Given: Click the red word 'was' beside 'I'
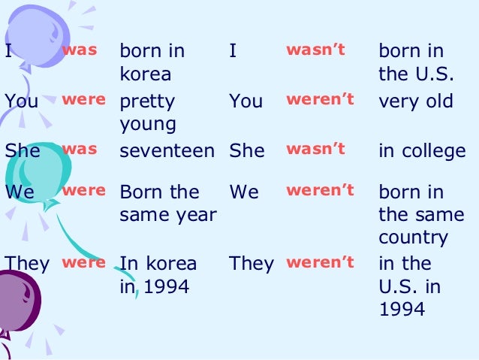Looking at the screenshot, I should [x=79, y=50].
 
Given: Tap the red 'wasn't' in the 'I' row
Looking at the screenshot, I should [x=315, y=50].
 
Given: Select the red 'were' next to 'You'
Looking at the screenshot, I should [x=83, y=99].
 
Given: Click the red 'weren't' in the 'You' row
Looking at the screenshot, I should [x=320, y=99].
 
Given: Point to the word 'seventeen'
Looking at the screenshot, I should [x=167, y=150].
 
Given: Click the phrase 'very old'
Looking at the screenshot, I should [x=416, y=101].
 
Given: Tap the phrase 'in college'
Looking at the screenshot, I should [x=422, y=150].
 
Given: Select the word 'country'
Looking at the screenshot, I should [x=413, y=237].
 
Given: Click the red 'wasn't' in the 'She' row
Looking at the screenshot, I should [x=315, y=148].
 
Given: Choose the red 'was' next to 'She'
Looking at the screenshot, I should [x=79, y=148].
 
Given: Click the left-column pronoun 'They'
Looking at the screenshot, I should [x=27, y=264].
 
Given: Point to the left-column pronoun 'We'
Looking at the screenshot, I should [x=19, y=192].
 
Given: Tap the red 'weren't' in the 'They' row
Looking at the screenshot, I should [x=320, y=262].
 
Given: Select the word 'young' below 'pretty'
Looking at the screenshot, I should [x=146, y=124].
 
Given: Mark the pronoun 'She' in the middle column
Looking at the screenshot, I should [x=247, y=150].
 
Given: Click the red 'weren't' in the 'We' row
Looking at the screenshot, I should [x=320, y=190].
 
